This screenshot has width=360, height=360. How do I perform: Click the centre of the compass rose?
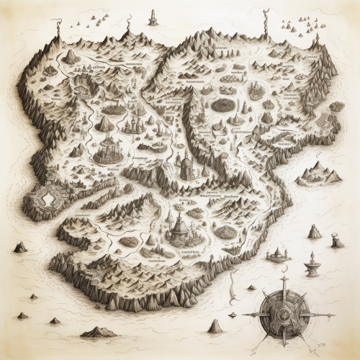point(283,315)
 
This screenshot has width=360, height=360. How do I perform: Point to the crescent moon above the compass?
point(284,269)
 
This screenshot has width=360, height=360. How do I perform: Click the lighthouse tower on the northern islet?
point(153,17)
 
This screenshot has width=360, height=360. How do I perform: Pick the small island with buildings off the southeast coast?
point(277,254)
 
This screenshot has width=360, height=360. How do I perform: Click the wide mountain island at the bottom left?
point(98,332)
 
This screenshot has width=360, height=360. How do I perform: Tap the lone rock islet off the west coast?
point(20,247)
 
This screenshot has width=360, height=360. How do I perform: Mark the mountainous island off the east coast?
point(319,173)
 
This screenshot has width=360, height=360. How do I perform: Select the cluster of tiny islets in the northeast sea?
point(294,25)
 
